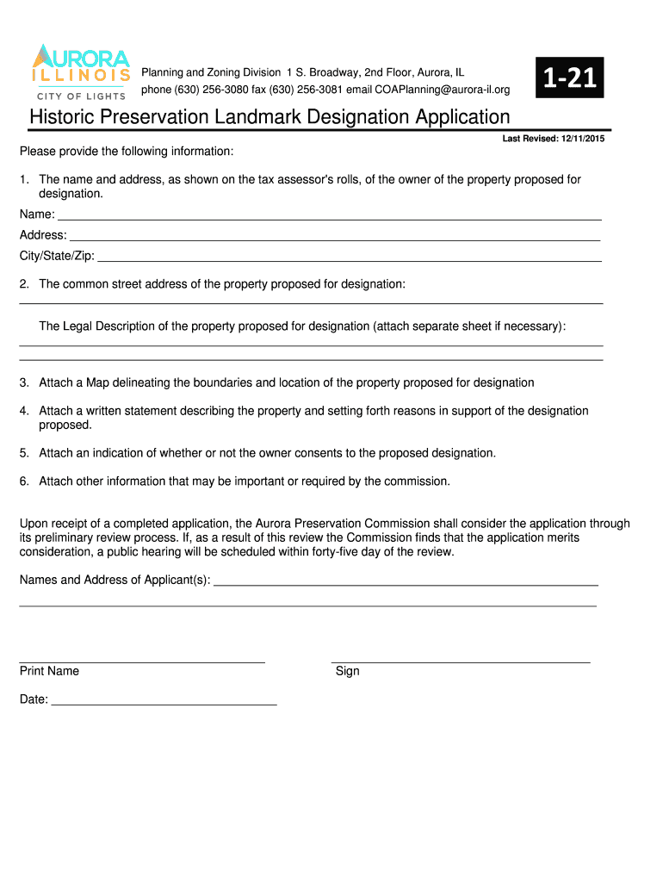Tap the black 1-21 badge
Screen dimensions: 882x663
click(x=569, y=78)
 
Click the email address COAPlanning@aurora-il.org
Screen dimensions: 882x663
click(x=442, y=90)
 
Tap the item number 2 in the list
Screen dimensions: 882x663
click(x=25, y=283)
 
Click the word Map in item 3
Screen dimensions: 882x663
click(x=97, y=382)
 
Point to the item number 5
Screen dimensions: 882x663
click(x=25, y=453)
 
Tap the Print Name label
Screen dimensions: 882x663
click(x=49, y=671)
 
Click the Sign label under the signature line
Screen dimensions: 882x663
click(x=348, y=671)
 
